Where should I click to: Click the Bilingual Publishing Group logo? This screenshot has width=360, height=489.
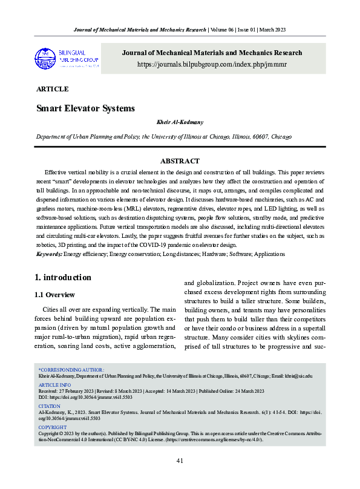(67, 58)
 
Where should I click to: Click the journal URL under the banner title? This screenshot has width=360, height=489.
(212, 64)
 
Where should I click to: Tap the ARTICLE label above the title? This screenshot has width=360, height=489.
(52, 89)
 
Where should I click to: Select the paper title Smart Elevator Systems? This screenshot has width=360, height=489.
(85, 108)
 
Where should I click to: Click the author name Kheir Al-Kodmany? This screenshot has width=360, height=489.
(180, 124)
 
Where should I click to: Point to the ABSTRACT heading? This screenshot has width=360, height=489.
(180, 161)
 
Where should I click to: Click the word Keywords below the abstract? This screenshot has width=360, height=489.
(49, 254)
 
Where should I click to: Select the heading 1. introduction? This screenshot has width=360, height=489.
(64, 278)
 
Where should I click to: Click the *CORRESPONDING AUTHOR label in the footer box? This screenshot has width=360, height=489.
(71, 369)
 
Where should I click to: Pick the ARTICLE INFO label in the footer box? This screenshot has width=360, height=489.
(54, 385)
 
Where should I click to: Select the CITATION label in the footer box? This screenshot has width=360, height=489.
(50, 406)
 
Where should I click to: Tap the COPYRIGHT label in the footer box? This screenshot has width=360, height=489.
(53, 427)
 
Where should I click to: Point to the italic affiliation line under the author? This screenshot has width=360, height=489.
(163, 137)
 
